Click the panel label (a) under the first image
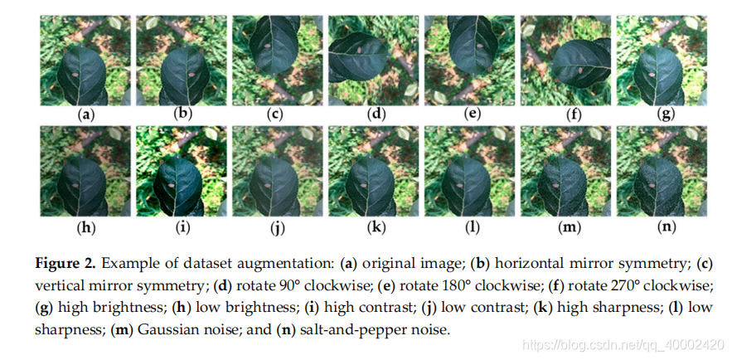tap(85, 114)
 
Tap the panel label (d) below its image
tap(377, 114)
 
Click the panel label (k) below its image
tap(377, 225)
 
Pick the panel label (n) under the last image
tap(665, 225)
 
